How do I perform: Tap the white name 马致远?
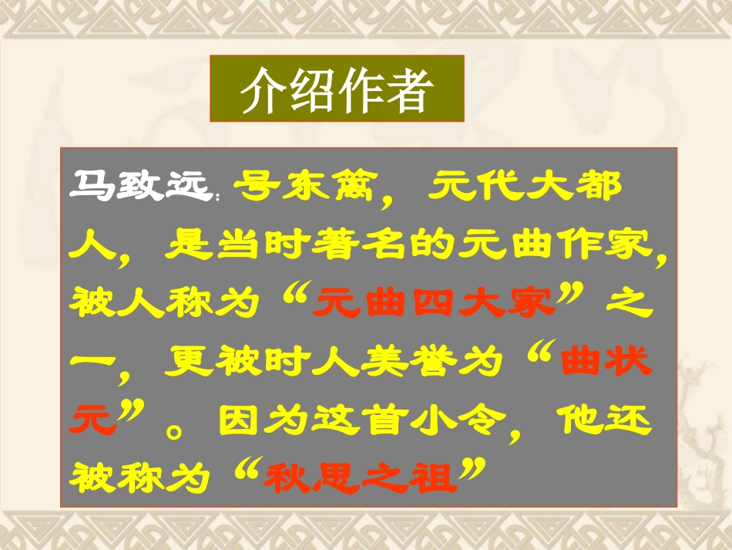pos(139,187)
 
